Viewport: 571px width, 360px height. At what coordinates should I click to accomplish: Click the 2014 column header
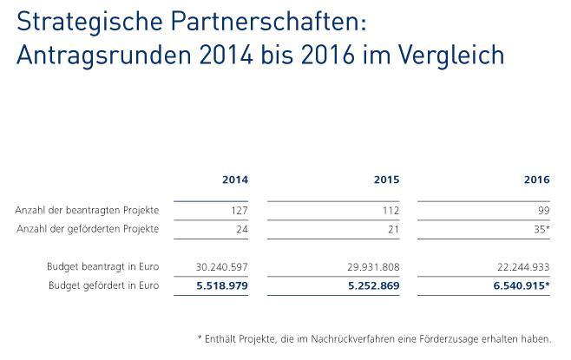tap(235, 180)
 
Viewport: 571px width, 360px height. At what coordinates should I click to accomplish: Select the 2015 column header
tap(386, 180)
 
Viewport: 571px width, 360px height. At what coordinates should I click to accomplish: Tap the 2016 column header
tap(537, 180)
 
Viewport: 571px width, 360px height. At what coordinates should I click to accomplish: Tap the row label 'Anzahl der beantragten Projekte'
tap(87, 211)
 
